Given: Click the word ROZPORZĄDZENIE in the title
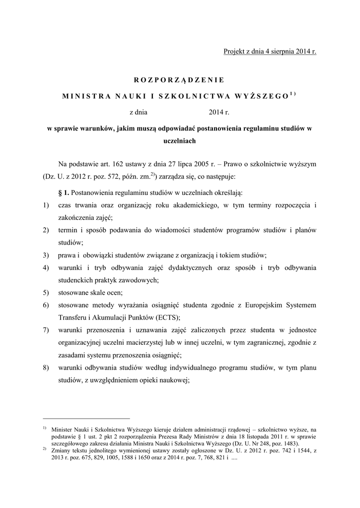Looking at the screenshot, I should point(180,79).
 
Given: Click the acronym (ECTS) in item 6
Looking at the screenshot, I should point(168,317).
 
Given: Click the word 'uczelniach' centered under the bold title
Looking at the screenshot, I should point(180,140).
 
